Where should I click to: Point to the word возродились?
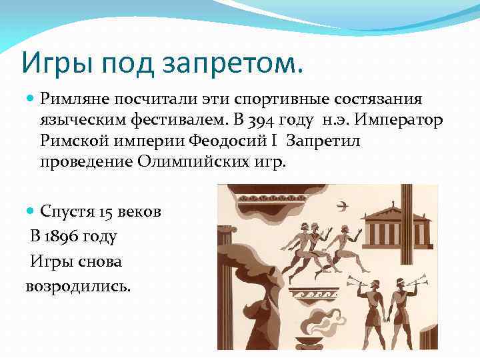(x=78, y=285)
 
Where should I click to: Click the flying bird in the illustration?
(x=344, y=205)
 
